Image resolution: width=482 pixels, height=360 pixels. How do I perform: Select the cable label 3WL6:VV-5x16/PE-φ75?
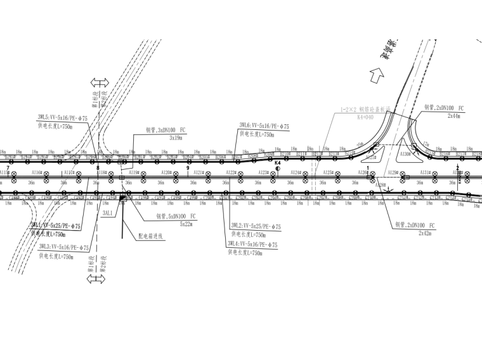point(264,127)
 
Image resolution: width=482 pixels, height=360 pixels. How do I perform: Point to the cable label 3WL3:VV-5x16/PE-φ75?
point(63,248)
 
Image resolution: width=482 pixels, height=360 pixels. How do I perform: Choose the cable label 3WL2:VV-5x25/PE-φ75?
point(256,226)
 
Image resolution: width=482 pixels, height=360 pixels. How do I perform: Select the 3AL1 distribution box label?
point(107,214)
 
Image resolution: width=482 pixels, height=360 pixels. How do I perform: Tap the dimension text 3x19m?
point(176,137)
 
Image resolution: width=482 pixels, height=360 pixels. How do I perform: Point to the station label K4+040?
point(365,117)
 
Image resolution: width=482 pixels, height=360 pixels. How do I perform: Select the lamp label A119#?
point(134,172)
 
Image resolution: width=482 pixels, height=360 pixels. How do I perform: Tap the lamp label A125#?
point(328,172)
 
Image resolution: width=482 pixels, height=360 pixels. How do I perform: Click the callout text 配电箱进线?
point(150,235)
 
